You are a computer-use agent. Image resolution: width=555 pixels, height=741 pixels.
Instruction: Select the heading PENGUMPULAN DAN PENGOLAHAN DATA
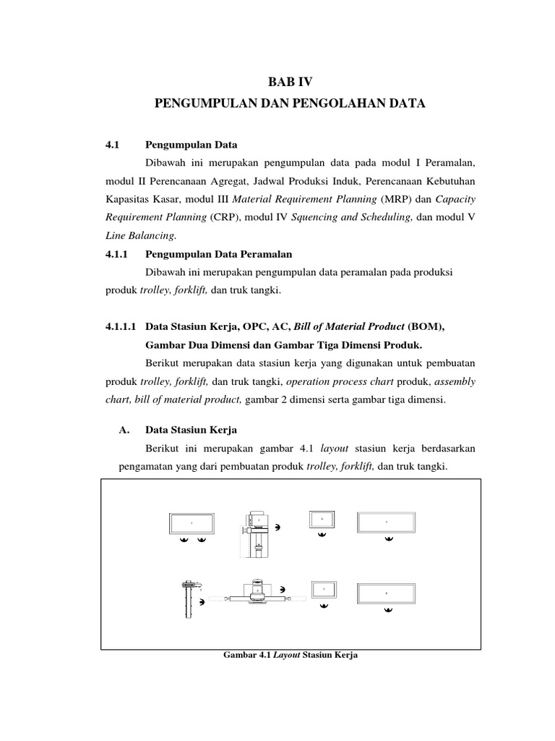click(290, 104)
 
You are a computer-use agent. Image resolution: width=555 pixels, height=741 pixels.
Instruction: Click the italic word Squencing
click(315, 216)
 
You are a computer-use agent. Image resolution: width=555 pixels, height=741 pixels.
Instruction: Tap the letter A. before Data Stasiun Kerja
click(124, 430)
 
